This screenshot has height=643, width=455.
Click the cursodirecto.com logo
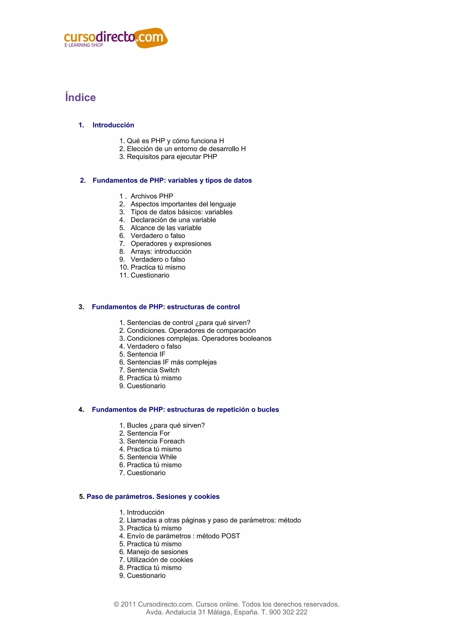[x=116, y=38]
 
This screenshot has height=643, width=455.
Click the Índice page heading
[x=80, y=97]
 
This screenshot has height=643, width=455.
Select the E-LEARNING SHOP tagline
[x=84, y=45]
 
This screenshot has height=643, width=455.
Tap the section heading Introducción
[x=113, y=125]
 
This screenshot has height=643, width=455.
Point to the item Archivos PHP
[x=152, y=196]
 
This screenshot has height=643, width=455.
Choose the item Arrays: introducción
[x=161, y=251]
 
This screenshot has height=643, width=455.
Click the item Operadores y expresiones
[x=171, y=244]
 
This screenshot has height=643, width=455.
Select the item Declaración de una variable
[x=173, y=220]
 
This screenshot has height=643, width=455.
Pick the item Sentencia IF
[x=146, y=354]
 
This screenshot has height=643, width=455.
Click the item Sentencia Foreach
[x=156, y=441]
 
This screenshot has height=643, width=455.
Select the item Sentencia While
[x=152, y=457]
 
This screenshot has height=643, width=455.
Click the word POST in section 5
[x=230, y=536]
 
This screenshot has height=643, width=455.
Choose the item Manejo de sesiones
[x=157, y=552]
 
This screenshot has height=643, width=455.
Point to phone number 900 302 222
[x=288, y=612]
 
